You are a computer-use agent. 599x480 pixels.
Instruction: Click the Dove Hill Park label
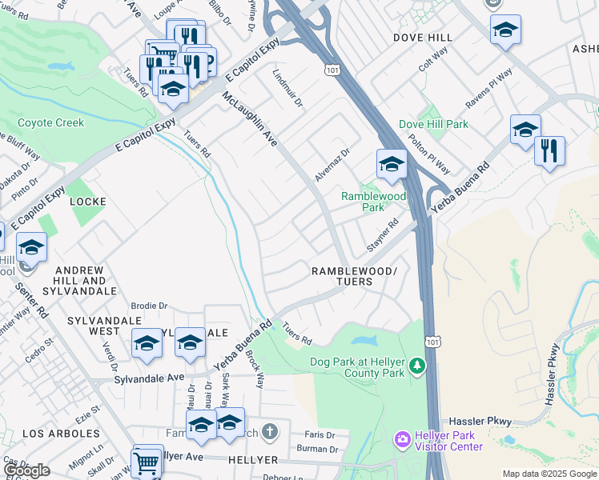(433, 125)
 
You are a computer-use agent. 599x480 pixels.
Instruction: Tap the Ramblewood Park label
(373, 202)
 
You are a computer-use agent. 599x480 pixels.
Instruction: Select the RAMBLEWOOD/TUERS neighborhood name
(353, 277)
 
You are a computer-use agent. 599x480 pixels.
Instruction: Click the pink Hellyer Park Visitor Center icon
(402, 440)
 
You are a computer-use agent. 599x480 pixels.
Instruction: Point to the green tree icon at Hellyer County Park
(416, 366)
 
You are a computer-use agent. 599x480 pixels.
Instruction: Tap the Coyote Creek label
(50, 123)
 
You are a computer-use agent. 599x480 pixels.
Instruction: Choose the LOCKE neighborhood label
(87, 202)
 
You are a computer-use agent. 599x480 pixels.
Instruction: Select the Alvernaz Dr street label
(333, 164)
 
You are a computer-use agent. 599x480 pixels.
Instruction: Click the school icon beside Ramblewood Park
(392, 165)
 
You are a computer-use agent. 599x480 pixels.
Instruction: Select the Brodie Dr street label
(151, 306)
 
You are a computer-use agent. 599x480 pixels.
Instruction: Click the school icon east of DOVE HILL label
(505, 30)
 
